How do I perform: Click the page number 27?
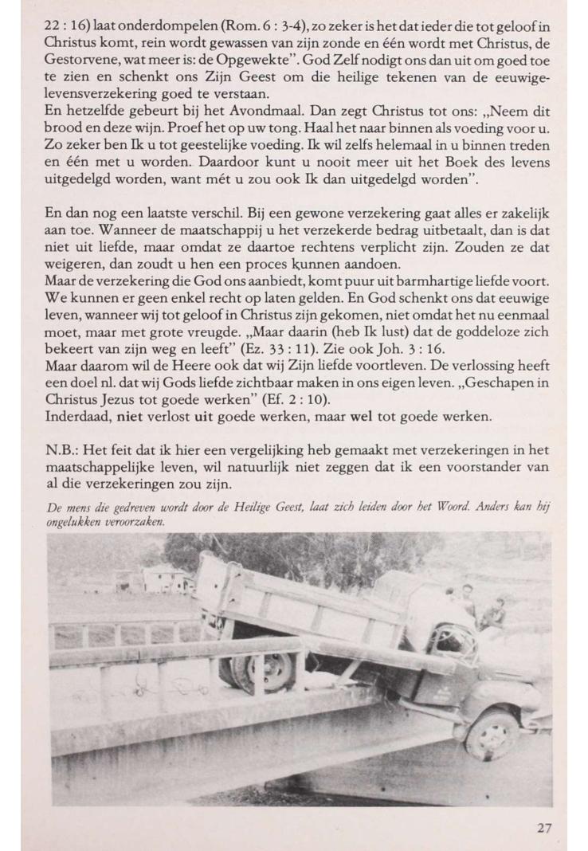(x=543, y=828)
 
